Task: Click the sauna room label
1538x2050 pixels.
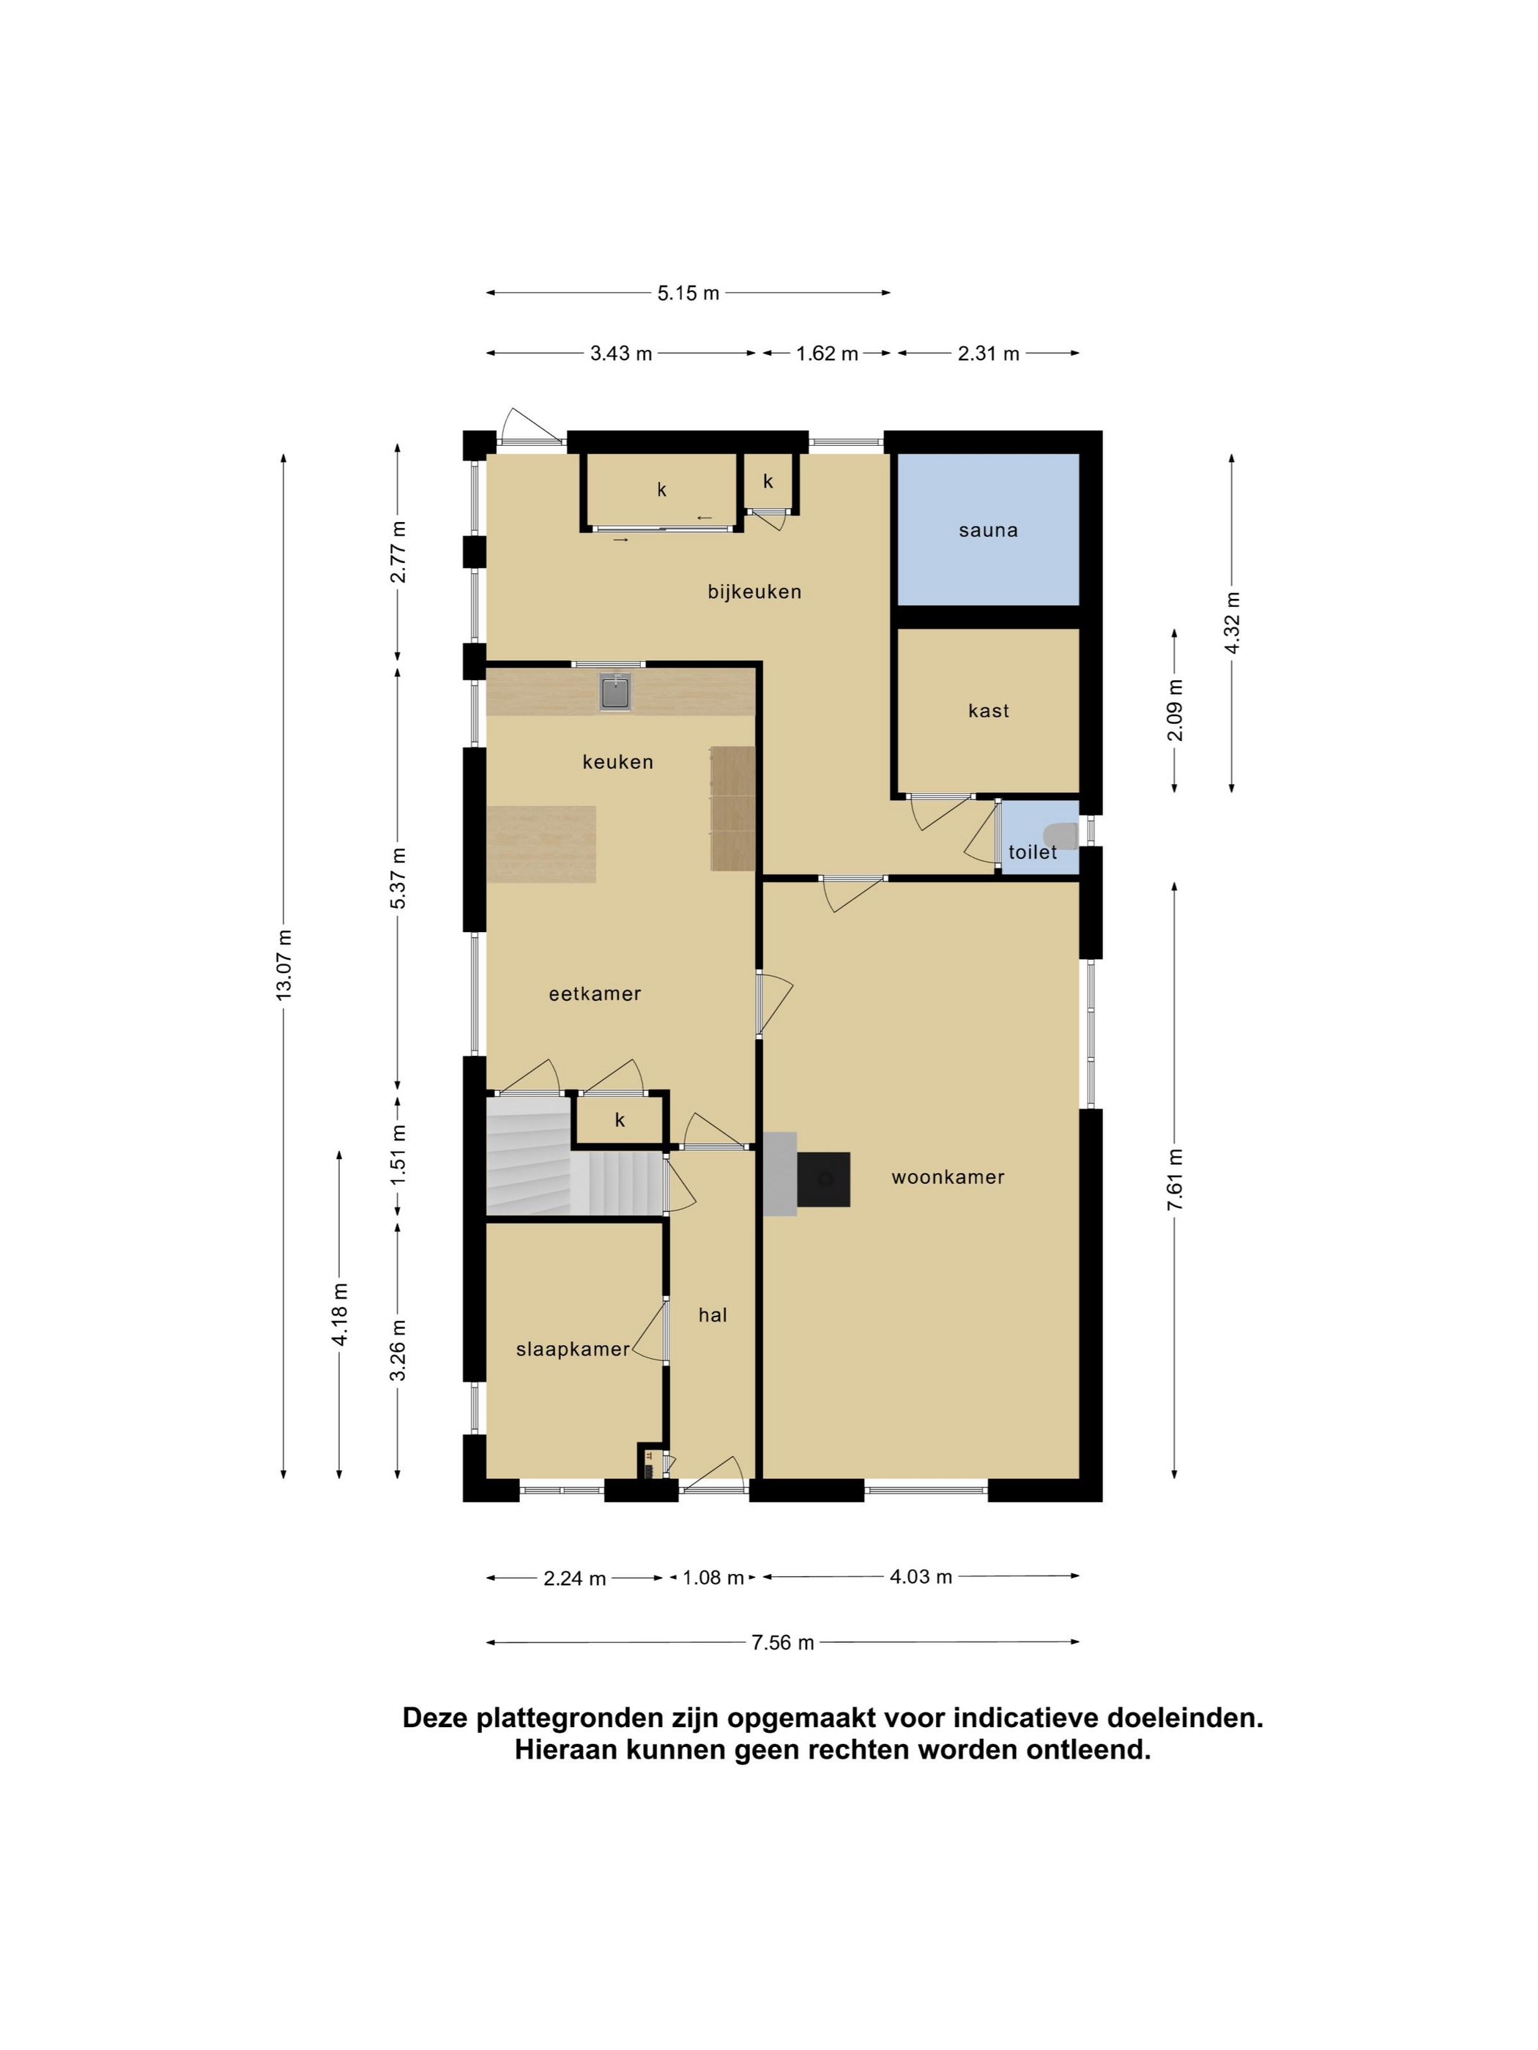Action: click(987, 530)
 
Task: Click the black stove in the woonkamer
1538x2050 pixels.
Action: click(823, 1179)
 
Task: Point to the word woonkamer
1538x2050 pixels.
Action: click(948, 1177)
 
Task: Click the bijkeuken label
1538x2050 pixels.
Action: click(754, 592)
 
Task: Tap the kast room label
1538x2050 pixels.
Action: click(988, 711)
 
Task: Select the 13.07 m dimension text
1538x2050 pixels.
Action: click(283, 963)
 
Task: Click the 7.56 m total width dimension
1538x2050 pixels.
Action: click(782, 1642)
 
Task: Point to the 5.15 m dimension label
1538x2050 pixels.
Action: click(688, 293)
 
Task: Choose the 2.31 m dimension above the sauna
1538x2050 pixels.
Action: click(988, 353)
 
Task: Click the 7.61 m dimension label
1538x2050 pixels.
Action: click(1175, 1179)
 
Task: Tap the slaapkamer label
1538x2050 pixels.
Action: click(573, 1349)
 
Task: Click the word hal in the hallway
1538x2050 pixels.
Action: click(713, 1314)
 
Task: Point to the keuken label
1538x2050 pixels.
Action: click(617, 762)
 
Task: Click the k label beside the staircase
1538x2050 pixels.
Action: click(620, 1119)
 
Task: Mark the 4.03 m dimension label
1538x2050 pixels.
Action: click(921, 1576)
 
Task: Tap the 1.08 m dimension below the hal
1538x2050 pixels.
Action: click(713, 1577)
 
